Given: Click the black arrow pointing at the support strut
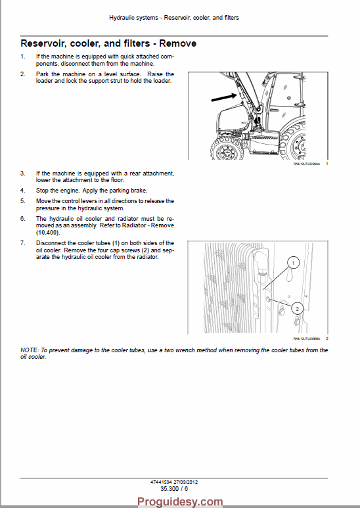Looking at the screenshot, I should (223, 99).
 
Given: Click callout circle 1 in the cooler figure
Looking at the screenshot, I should (294, 262).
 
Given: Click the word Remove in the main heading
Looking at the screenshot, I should (174, 43).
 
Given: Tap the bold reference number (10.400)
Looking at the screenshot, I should (48, 232).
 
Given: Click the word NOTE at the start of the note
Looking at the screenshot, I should (30, 350).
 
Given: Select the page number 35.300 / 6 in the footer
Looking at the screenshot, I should (173, 488).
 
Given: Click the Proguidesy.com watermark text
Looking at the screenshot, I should (179, 501).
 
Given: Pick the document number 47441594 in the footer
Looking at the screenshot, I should (162, 482).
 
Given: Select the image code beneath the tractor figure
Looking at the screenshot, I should (306, 164).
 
